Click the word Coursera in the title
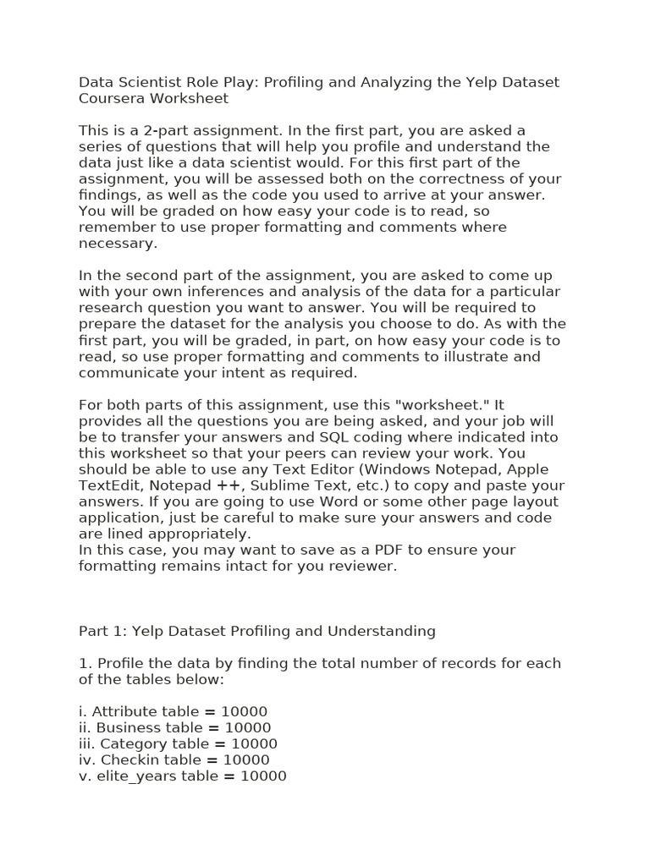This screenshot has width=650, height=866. click(x=113, y=98)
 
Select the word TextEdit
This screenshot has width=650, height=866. click(x=107, y=485)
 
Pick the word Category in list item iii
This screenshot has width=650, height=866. click(x=132, y=743)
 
